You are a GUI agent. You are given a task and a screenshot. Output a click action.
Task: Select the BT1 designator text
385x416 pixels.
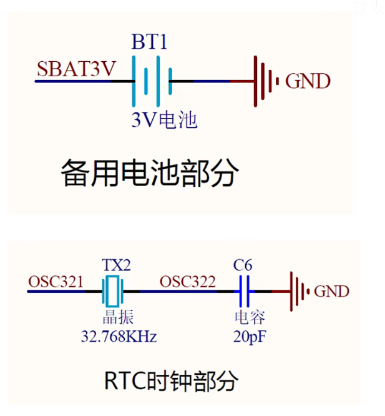click(150, 42)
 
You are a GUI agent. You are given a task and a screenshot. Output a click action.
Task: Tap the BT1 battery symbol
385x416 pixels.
click(150, 80)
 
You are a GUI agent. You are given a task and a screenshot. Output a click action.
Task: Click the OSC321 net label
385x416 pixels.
click(56, 282)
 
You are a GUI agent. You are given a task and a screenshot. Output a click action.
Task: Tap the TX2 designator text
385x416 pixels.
click(116, 265)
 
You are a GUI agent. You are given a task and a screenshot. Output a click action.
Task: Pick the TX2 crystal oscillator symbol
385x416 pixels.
click(112, 290)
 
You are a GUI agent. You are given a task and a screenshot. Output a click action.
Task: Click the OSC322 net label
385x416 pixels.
click(188, 282)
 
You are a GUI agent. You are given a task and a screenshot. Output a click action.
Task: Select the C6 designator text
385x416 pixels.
click(243, 265)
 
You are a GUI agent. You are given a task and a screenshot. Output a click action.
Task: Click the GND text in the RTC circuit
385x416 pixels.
click(331, 291)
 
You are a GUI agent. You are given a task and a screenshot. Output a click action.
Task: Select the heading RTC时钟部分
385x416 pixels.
click(171, 380)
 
